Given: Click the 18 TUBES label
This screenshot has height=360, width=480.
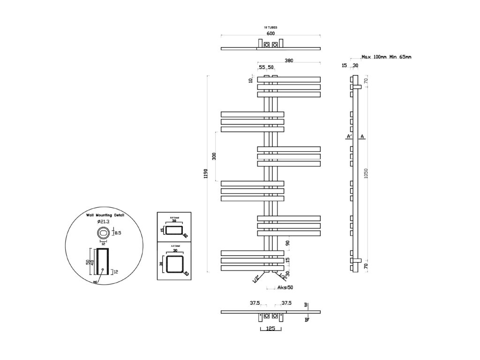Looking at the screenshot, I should pos(270,28).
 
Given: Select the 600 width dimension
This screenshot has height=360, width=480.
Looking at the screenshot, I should pos(270,33).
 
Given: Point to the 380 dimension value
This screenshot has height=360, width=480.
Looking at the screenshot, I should pos(289,60).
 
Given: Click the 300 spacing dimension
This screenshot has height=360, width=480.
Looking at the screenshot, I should pos(214,156).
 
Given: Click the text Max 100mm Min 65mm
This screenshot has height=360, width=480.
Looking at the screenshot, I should pos(386,57).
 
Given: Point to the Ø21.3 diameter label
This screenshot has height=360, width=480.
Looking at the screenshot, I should pos(103,221).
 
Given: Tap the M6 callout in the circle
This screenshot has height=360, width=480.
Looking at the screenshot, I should pos(95,282).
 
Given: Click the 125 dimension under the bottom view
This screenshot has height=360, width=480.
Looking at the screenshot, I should pos(270,329).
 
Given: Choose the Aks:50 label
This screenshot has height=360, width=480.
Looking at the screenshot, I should pos(285,287).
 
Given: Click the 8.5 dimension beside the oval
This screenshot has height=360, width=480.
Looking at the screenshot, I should pos(118,232).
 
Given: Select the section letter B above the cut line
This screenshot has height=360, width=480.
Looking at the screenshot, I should pos(306,305).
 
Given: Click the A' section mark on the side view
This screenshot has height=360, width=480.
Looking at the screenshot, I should pos(349,137).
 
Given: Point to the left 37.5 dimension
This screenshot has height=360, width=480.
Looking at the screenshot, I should pos(255,303).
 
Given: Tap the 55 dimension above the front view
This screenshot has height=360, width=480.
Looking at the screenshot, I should pos(262,67).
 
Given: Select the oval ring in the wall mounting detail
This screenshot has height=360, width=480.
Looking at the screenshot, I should pos(103,232).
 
